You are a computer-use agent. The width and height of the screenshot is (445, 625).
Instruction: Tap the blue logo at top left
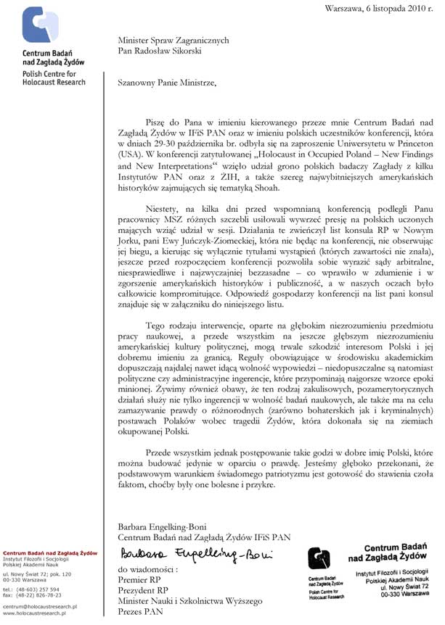click(40, 25)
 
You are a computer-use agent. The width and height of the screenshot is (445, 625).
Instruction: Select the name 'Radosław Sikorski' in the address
click(179, 50)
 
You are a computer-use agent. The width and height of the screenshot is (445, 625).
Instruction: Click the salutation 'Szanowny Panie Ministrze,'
click(167, 83)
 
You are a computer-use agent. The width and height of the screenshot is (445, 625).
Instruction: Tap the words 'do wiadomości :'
click(147, 570)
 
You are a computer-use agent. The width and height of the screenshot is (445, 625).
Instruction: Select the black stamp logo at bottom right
click(320, 559)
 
